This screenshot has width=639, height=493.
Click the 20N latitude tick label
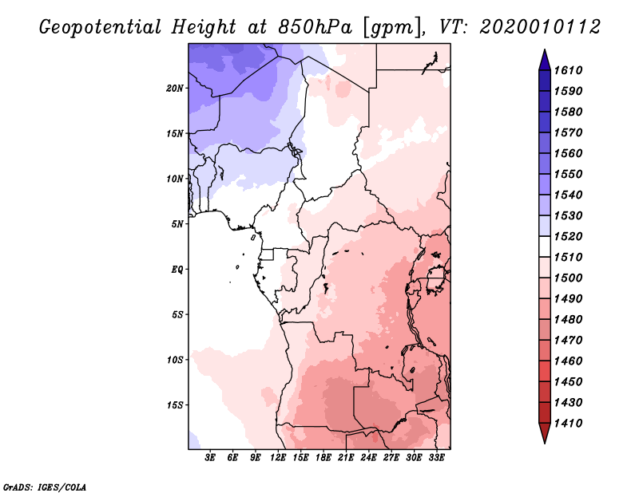tap(175, 89)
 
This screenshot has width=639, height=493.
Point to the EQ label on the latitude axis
tap(177, 270)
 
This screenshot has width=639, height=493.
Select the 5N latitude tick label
tap(177, 224)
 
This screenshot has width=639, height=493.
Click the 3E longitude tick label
tap(210, 457)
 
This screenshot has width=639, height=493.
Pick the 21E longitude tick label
tap(346, 457)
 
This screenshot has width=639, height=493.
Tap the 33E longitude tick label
tap(436, 457)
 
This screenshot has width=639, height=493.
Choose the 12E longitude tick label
tap(277, 457)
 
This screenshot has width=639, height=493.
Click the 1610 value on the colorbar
tap(569, 70)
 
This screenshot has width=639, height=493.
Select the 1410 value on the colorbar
tap(569, 423)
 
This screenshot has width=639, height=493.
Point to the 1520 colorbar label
tap(569, 236)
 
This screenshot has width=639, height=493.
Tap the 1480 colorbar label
tap(569, 319)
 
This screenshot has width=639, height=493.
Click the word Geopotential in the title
tap(101, 27)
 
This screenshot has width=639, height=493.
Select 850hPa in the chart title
tap(314, 27)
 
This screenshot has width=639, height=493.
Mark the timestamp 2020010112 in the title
tap(540, 27)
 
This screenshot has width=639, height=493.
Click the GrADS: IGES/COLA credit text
tap(45, 487)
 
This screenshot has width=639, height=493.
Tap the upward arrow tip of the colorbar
tap(545, 49)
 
